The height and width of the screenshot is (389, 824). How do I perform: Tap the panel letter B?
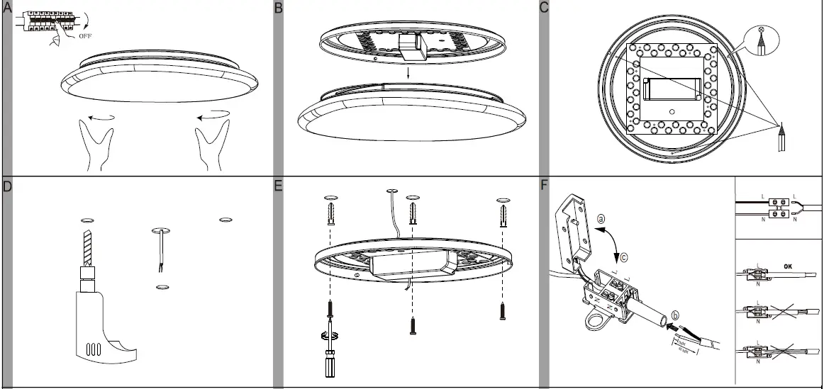pyautogui.click(x=279, y=8)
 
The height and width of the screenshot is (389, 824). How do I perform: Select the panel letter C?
pyautogui.click(x=545, y=8)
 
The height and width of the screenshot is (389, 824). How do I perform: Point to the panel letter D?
pyautogui.click(x=7, y=186)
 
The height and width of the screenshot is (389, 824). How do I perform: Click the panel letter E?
pyautogui.click(x=279, y=186)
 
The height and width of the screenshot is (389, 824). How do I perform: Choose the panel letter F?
pyautogui.click(x=545, y=186)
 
